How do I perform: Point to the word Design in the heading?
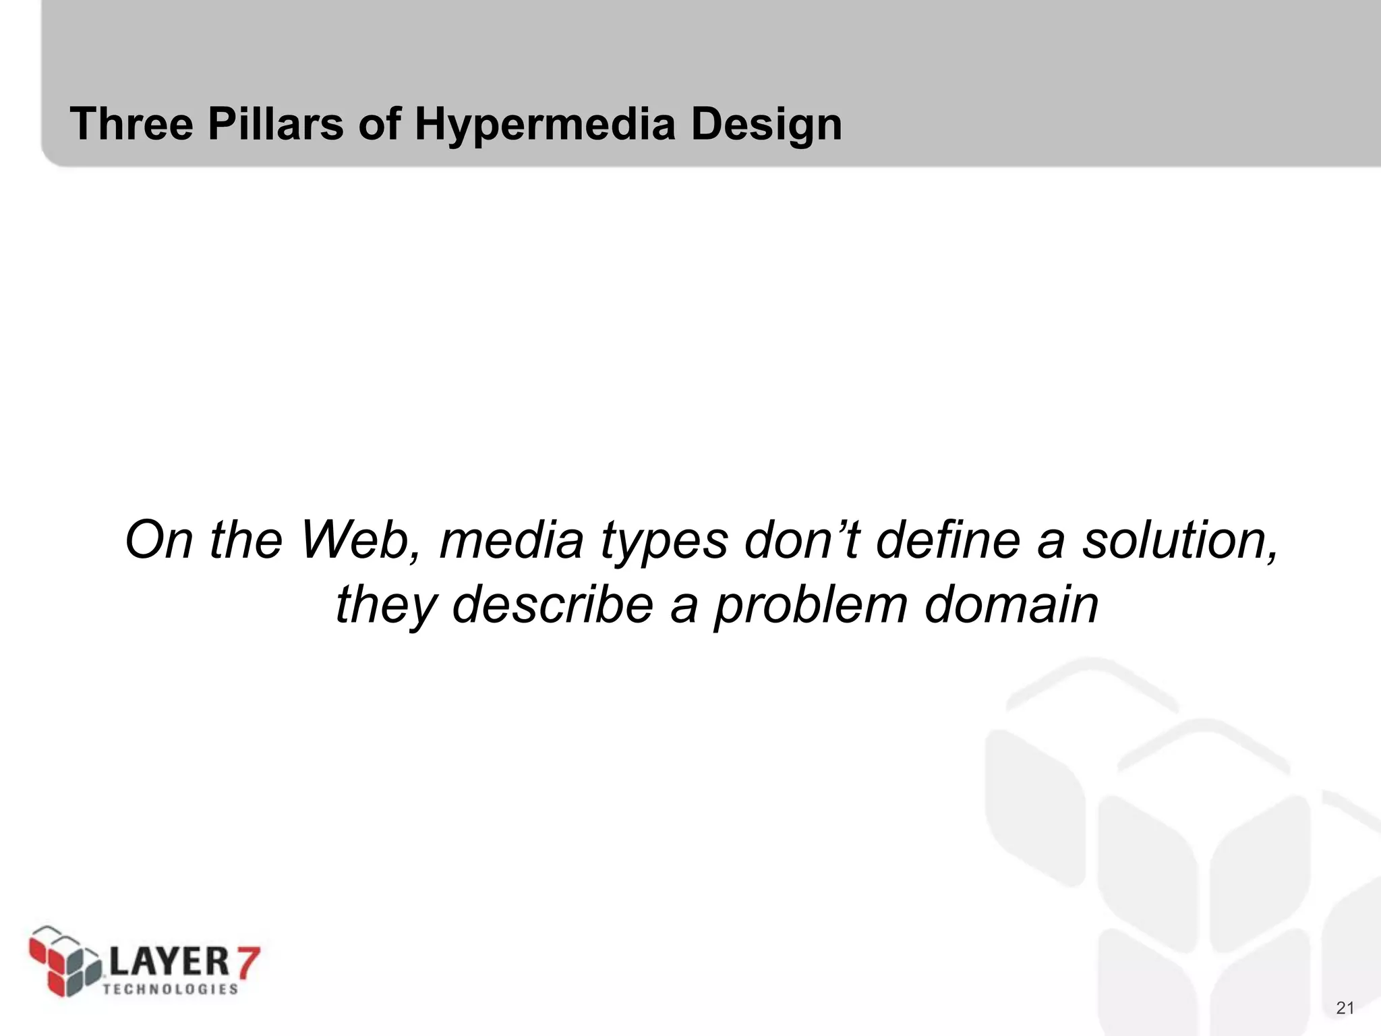tap(766, 125)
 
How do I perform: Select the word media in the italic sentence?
tap(511, 540)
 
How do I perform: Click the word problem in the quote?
tap(811, 604)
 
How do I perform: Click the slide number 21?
tap(1345, 1008)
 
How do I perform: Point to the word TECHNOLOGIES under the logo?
tap(171, 989)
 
